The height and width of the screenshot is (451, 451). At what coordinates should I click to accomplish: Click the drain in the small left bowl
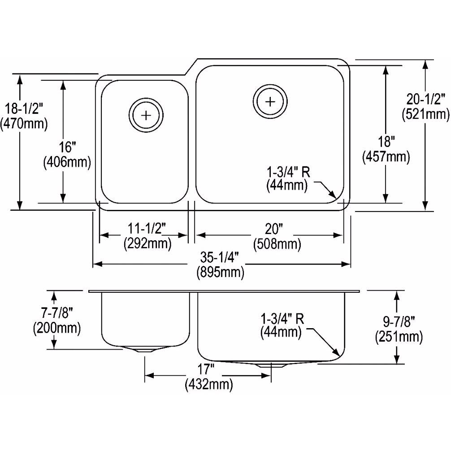pos(146,115)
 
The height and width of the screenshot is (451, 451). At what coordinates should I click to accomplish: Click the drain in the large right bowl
pos(270,101)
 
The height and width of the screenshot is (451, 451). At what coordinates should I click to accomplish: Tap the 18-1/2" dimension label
pos(24,109)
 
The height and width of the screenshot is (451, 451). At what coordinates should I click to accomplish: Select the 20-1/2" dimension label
pos(426,100)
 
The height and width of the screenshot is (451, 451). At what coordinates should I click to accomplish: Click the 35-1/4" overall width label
pos(220,257)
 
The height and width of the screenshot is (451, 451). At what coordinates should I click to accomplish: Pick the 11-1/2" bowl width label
pos(147,229)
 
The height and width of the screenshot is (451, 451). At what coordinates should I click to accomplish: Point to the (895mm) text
pos(220,272)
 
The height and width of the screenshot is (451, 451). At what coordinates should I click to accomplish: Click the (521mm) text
pos(425,114)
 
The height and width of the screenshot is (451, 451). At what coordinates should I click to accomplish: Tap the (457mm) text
pos(386,157)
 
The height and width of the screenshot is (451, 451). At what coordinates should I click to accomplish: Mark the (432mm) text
pos(209,384)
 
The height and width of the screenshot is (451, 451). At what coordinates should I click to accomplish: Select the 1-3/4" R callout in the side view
pos(282,318)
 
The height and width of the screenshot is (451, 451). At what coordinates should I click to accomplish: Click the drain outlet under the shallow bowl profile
pos(145,350)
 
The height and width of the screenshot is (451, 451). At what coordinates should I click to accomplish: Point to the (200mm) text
pos(57,328)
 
